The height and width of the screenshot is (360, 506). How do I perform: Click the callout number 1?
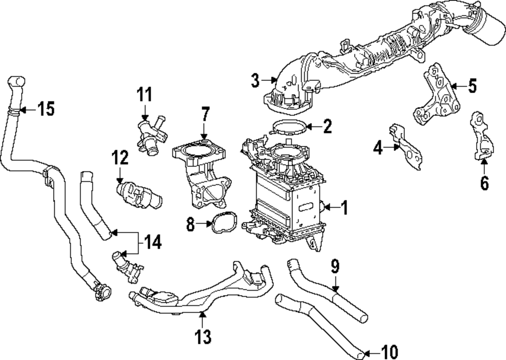pos(344,207)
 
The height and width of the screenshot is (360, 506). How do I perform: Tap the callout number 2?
pos(327,126)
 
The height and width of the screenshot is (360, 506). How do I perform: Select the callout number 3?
pos(256,80)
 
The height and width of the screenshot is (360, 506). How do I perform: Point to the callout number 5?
pos(472,86)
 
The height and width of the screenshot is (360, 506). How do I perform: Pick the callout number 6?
pos(484,183)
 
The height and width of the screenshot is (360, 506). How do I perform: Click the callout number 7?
pos(205,114)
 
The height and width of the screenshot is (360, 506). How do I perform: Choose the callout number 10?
pos(390,351)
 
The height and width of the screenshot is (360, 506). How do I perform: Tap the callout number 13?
pos(203,335)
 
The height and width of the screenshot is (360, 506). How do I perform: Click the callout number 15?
pos(46,109)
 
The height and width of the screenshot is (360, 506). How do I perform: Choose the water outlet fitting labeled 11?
pos(150,133)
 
